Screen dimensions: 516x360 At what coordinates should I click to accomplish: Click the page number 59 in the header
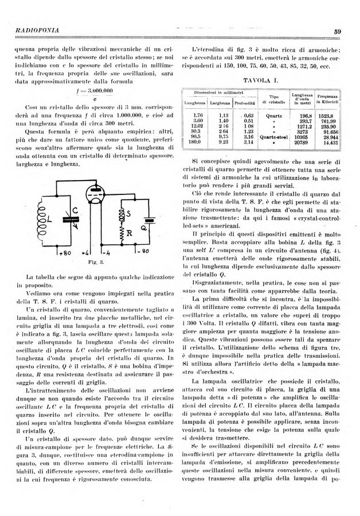pyautogui.click(x=338, y=31)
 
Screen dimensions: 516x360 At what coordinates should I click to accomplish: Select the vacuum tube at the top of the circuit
pyautogui.click(x=92, y=194)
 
